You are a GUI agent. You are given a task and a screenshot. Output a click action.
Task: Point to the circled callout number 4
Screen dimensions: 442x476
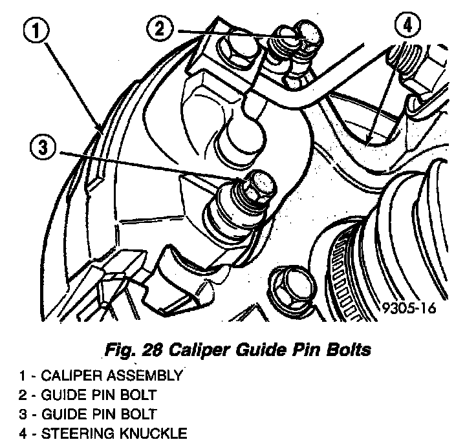click(405, 25)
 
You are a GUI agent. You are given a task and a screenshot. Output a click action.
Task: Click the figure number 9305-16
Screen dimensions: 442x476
click(407, 308)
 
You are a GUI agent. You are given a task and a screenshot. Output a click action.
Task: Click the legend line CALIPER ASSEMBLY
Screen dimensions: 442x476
click(100, 374)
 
